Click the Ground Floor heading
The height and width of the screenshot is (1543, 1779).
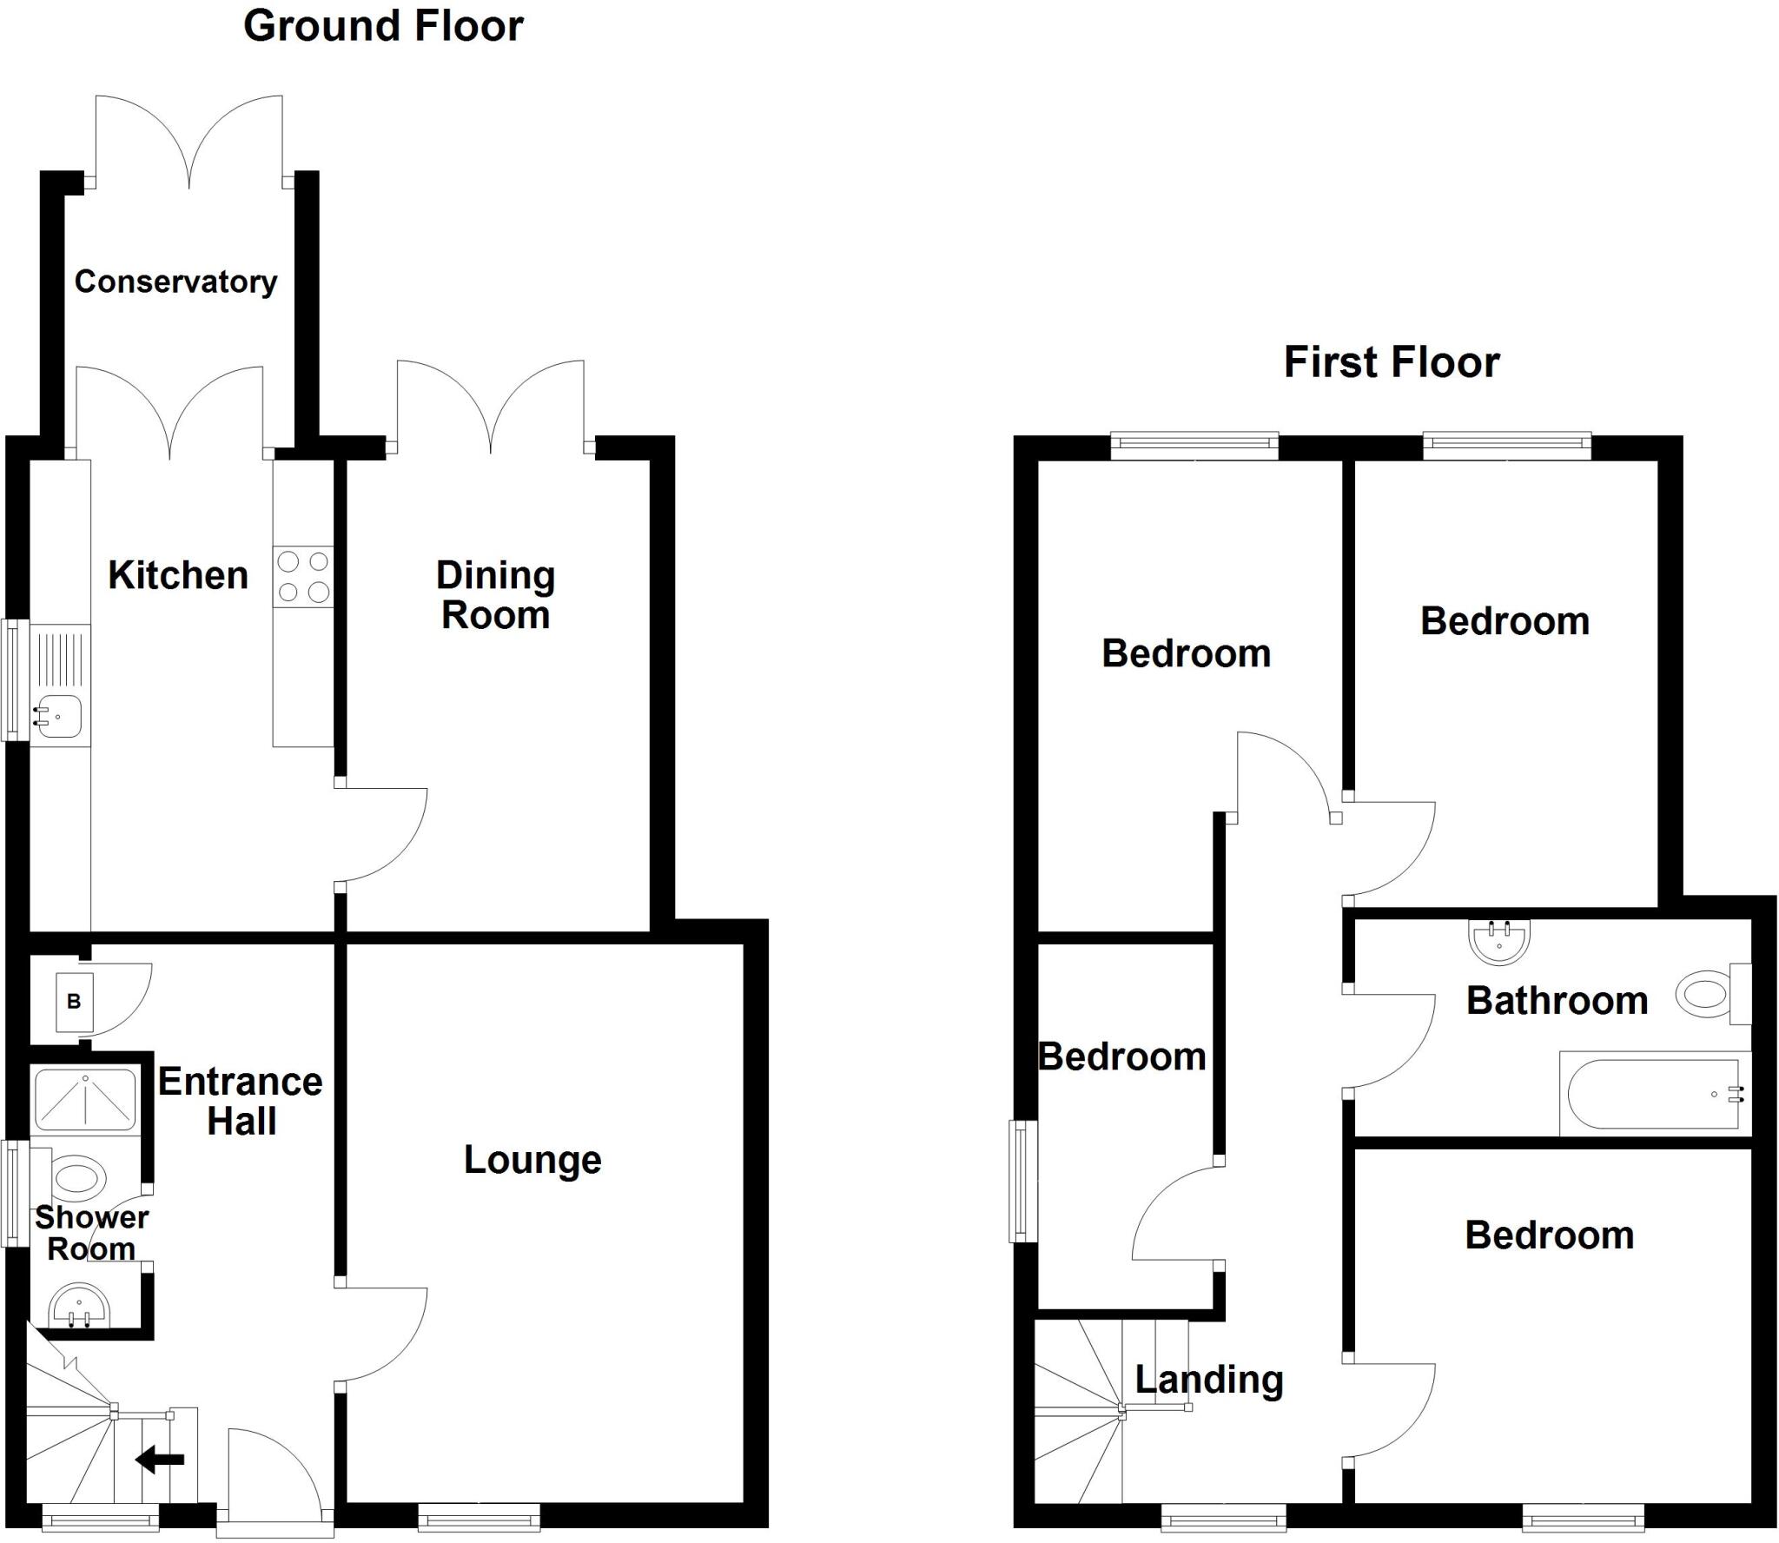(383, 26)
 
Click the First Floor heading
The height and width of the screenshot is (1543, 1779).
(1392, 362)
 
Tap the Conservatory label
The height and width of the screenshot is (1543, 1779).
(175, 281)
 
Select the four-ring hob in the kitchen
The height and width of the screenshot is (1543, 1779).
(303, 577)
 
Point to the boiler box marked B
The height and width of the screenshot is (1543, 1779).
(74, 1002)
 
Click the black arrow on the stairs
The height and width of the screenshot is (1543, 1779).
(161, 1460)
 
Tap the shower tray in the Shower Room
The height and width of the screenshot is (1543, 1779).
(85, 1100)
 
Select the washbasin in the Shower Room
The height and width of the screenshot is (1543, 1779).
(79, 1307)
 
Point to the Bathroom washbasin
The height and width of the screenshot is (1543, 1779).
(1499, 940)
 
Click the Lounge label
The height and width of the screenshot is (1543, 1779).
(532, 1160)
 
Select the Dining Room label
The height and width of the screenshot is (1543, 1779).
(495, 595)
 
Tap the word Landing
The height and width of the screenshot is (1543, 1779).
(1209, 1379)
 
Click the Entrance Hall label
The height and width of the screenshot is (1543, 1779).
(241, 1101)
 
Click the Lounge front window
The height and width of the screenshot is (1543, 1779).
(479, 1517)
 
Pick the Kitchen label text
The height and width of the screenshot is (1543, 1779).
(178, 575)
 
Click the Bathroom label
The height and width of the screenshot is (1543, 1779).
(1557, 1001)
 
